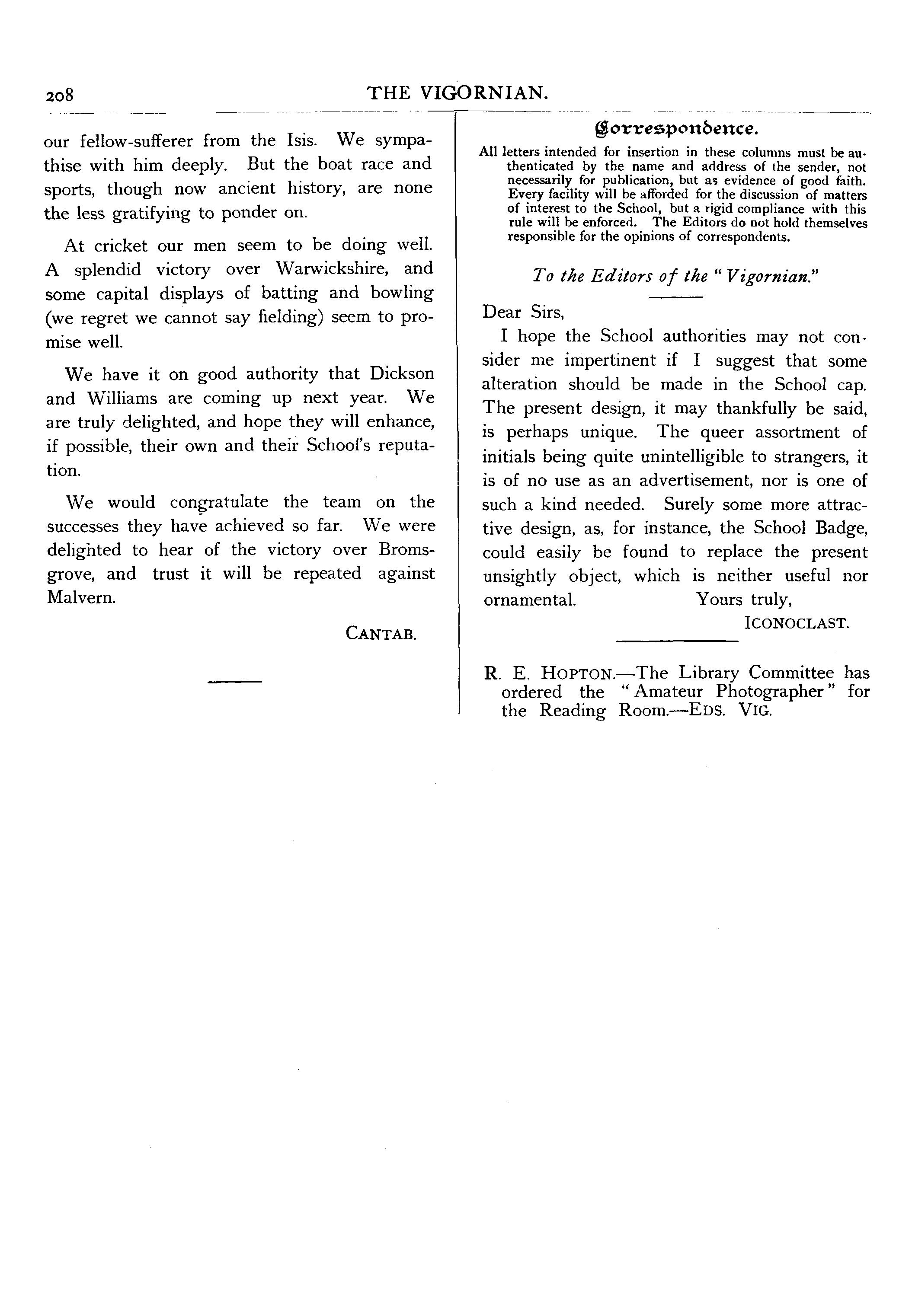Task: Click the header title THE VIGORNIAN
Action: click(458, 92)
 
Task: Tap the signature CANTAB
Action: click(381, 633)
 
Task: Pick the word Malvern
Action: click(81, 597)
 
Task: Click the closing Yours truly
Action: click(744, 599)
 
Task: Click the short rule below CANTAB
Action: click(235, 683)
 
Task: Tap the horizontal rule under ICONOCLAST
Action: click(677, 640)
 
